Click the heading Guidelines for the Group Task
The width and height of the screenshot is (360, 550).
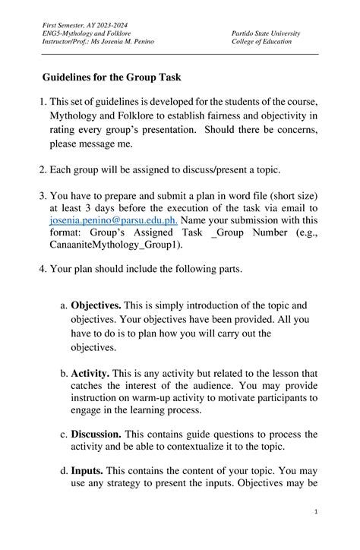111,78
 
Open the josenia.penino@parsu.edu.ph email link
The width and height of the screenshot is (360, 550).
113,220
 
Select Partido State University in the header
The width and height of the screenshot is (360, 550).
266,34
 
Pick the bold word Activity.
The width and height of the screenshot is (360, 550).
90,374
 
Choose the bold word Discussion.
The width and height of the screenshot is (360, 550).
96,435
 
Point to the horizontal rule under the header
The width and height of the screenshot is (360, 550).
180,55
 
